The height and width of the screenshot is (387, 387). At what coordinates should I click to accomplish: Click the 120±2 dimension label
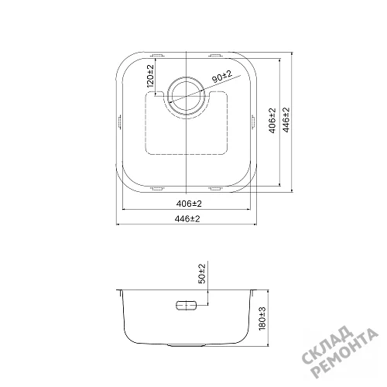pyautogui.click(x=151, y=75)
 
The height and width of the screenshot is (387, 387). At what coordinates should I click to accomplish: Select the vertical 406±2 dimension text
pyautogui.click(x=272, y=121)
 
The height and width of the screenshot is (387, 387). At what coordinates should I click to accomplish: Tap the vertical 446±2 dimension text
pyautogui.click(x=286, y=120)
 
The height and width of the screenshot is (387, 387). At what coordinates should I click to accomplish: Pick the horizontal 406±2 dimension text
pyautogui.click(x=189, y=204)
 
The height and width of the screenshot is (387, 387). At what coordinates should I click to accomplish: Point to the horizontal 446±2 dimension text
pyautogui.click(x=187, y=219)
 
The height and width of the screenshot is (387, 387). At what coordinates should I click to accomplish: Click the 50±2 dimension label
pyautogui.click(x=202, y=273)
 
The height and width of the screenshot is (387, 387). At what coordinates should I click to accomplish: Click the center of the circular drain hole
pyautogui.click(x=186, y=97)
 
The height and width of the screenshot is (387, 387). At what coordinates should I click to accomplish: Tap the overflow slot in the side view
pyautogui.click(x=186, y=306)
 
